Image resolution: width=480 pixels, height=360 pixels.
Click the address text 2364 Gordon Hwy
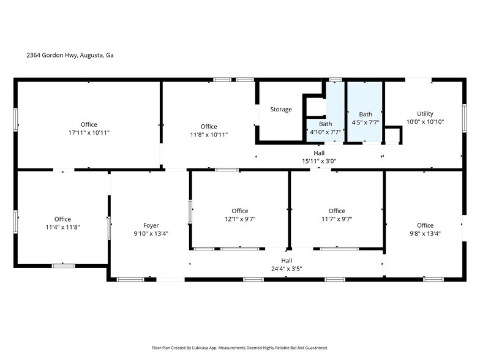70,55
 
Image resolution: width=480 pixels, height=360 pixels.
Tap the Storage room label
281,110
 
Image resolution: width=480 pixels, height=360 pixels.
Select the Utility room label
425,114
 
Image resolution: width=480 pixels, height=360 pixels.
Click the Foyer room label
151,225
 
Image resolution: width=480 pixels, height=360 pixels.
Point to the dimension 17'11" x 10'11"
89,133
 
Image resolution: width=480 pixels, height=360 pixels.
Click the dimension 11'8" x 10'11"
209,135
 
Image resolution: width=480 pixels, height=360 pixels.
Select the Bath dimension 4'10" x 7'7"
325,132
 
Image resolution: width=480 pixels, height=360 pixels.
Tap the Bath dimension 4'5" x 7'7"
366,122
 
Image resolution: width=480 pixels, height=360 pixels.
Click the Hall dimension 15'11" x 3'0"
319,162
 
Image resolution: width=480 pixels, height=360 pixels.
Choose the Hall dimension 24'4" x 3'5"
287,269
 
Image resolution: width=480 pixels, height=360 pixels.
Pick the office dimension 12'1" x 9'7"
240,219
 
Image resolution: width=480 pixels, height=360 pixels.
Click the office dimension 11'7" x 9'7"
337,219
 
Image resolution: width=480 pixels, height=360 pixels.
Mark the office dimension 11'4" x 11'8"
62,227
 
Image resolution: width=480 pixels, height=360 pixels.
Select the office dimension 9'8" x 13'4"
425,233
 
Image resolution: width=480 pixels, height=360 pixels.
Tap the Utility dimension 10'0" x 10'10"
425,122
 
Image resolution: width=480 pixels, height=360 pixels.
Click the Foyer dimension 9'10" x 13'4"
151,233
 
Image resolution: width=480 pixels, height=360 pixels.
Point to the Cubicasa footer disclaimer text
239,348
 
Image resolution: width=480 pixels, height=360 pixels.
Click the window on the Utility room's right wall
464,117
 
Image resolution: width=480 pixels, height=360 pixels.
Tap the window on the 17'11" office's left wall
16,119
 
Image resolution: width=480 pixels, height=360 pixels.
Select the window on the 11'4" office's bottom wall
63,266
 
